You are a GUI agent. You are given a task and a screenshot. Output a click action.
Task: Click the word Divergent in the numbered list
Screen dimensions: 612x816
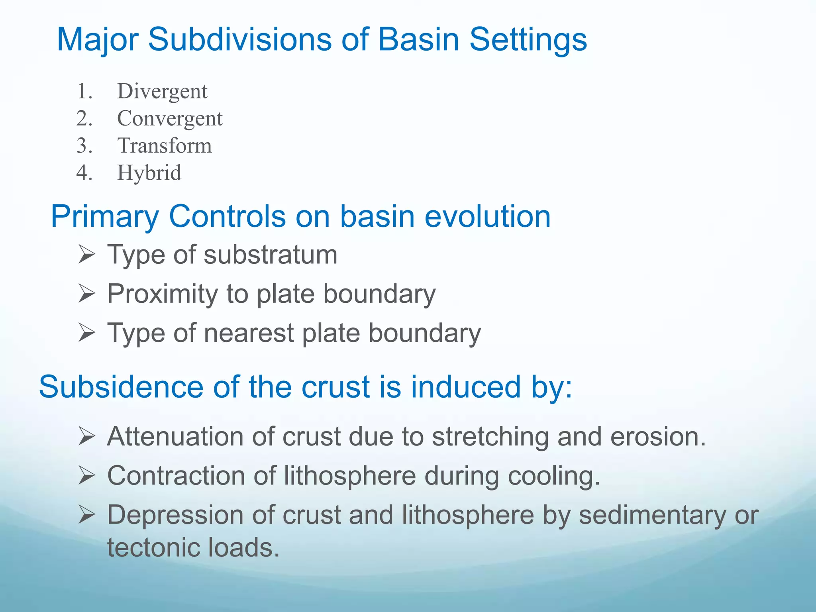(x=162, y=92)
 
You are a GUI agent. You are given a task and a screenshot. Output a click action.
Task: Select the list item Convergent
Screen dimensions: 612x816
(x=170, y=119)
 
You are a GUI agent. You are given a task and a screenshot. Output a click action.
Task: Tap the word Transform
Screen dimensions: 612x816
(x=164, y=146)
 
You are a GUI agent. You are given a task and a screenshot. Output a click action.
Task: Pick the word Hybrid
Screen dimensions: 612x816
(x=149, y=173)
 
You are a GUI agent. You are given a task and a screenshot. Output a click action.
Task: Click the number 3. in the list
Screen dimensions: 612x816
(x=84, y=146)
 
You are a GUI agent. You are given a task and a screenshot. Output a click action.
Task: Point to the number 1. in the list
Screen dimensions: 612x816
(x=84, y=92)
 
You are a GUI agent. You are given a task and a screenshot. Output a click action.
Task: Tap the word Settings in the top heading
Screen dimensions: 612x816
(x=528, y=40)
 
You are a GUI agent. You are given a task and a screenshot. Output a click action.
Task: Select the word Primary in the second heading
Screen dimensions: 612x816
(x=104, y=217)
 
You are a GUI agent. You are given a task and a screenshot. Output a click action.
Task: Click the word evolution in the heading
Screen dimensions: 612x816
(x=487, y=217)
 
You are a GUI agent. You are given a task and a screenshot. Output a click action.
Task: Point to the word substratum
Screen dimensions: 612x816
(x=271, y=255)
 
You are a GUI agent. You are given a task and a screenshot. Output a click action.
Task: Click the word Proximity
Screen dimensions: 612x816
(x=163, y=294)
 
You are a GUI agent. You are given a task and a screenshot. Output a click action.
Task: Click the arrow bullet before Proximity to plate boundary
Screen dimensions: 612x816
(x=86, y=294)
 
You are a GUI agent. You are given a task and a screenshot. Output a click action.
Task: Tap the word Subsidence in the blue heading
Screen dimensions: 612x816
(x=121, y=387)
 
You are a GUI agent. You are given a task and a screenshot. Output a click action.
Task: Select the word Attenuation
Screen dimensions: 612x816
(x=175, y=437)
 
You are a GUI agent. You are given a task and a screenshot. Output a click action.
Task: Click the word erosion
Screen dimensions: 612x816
(x=657, y=437)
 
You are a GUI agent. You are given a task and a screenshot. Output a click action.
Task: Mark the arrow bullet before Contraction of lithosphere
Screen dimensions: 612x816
(x=86, y=476)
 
